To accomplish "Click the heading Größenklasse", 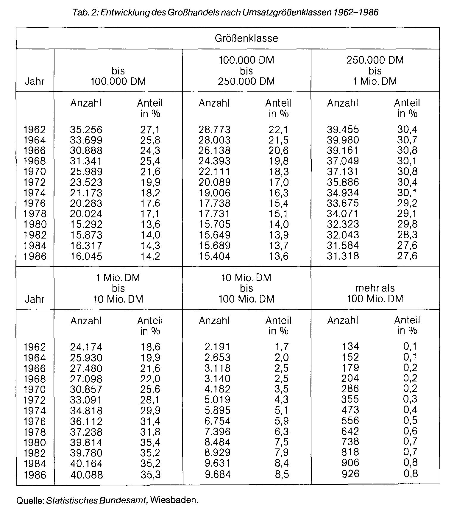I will coord(246,38).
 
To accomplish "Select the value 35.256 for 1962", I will coord(86,130).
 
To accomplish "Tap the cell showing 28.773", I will coord(214,130).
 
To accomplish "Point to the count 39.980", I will coord(343,140).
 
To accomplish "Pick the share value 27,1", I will coord(150,130).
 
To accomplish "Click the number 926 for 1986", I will coord(350,473).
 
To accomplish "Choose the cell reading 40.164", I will coord(86,463).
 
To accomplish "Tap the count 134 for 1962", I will coord(350,346).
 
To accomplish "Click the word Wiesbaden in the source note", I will coord(174,500).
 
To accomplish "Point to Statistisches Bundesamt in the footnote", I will coord(97,500).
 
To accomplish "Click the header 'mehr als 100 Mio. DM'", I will coord(375,293).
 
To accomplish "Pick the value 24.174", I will coord(86,347).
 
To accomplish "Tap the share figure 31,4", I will coord(150,421).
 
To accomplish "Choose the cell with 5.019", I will coord(218,400).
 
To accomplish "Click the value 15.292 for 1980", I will coord(86,224).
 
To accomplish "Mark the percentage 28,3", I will coord(407,235).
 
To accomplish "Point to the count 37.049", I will coord(343,161).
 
